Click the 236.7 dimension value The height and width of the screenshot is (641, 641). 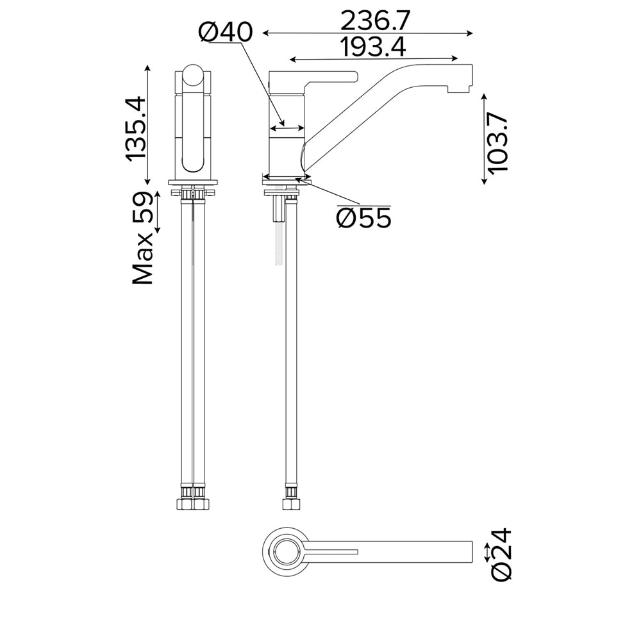374,21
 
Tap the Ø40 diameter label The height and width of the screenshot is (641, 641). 226,32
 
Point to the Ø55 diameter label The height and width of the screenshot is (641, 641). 364,218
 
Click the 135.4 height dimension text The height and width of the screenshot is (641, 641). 135,128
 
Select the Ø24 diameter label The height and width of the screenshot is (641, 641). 501,554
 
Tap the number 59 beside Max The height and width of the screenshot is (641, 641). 142,207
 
